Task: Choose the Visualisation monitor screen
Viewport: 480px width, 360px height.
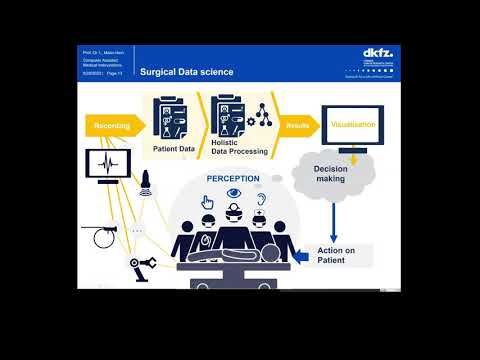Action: click(x=351, y=126)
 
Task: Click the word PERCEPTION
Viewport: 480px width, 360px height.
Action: click(x=233, y=179)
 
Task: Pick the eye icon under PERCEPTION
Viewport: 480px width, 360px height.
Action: click(x=233, y=194)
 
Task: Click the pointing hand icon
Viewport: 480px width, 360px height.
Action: click(x=207, y=201)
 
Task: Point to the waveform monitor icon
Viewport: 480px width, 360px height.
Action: click(x=104, y=164)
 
